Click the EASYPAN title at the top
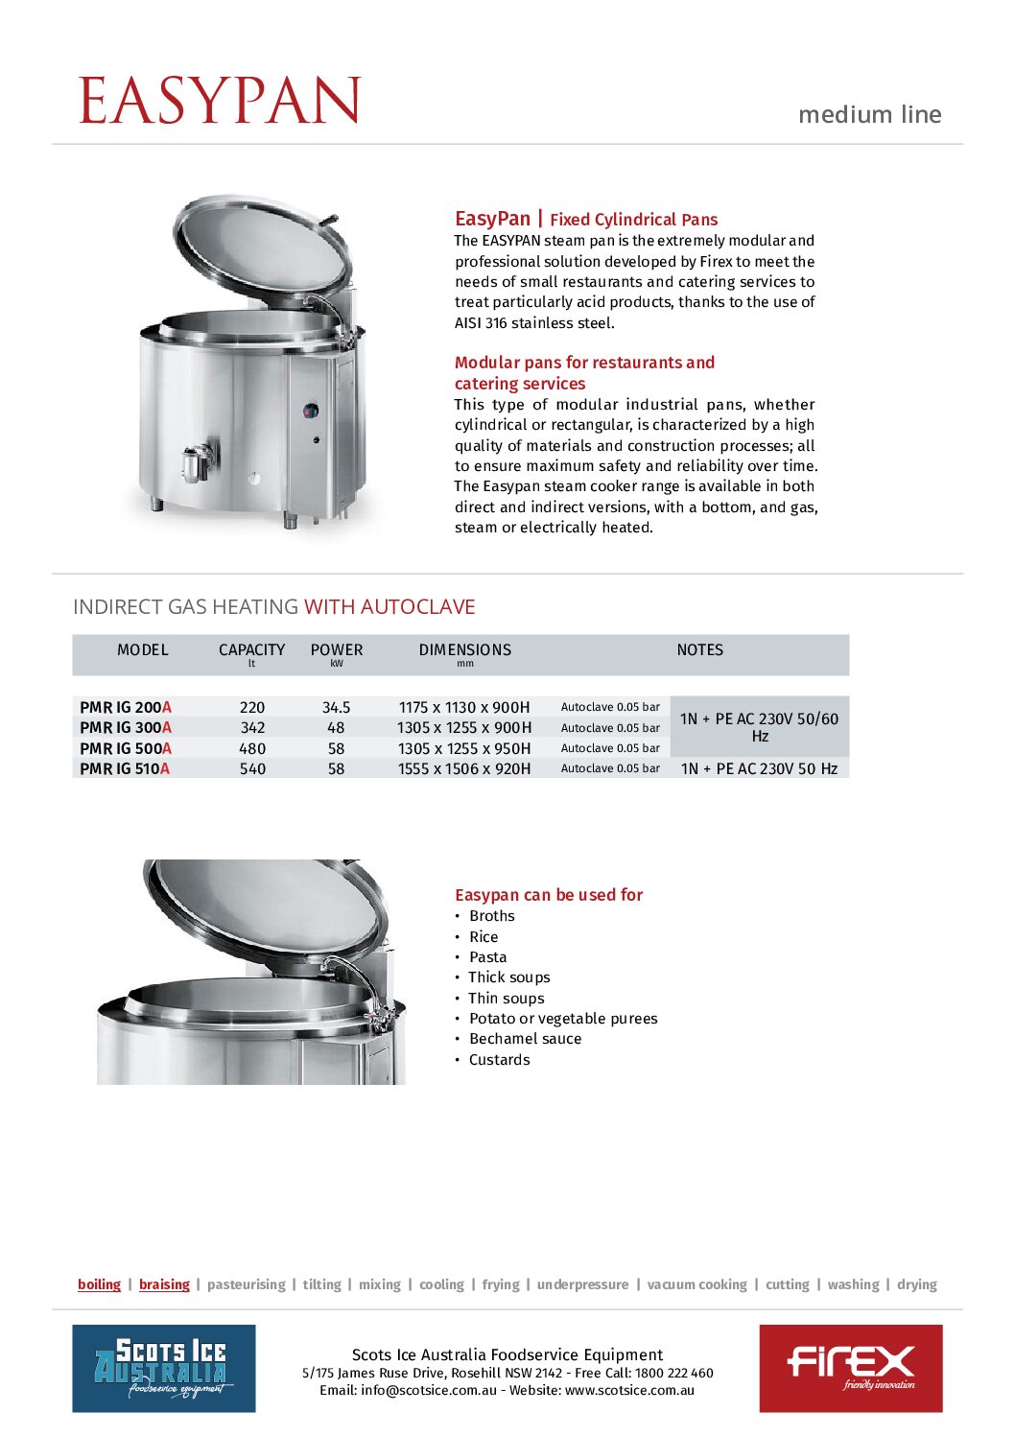tap(220, 101)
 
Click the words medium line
tap(869, 115)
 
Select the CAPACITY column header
tap(251, 650)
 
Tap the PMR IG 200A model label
tap(126, 708)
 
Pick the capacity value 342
tap(252, 728)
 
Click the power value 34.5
tap(336, 708)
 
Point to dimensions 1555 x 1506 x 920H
tap(464, 769)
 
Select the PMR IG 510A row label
tap(125, 769)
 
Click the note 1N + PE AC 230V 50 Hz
tap(759, 769)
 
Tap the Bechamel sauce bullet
tap(525, 1039)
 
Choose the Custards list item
tap(499, 1060)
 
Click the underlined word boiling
tap(99, 1284)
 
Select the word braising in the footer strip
tap(164, 1284)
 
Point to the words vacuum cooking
tap(696, 1284)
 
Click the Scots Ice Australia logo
tap(164, 1368)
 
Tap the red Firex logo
tap(851, 1368)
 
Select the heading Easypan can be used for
tap(549, 895)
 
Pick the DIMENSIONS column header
tap(465, 650)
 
